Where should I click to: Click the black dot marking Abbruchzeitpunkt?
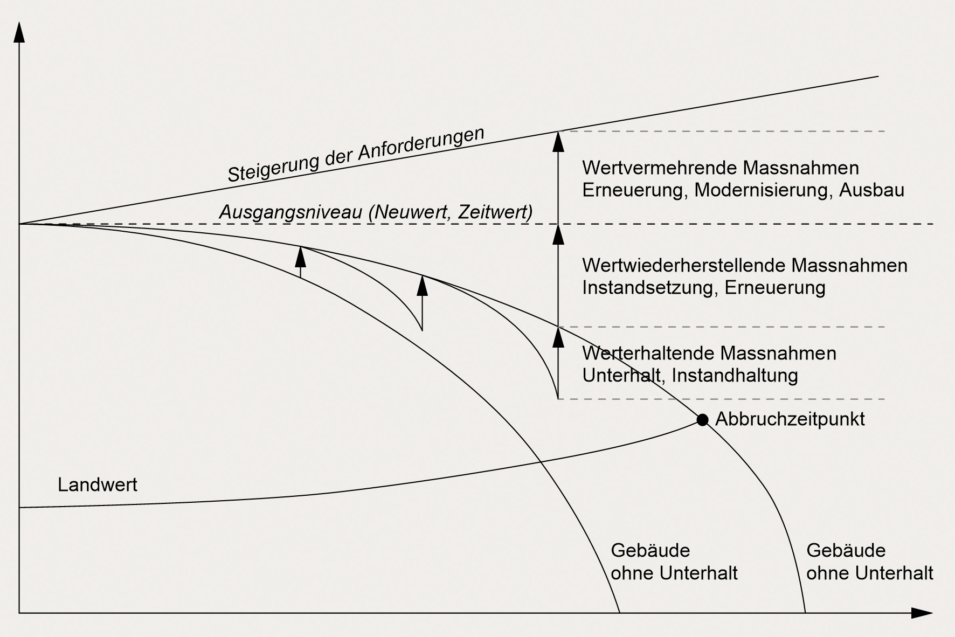coord(702,420)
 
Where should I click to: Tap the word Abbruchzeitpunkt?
coord(790,419)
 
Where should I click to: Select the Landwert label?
coord(98,485)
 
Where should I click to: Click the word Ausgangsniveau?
coord(290,212)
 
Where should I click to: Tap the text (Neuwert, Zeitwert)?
coord(451,212)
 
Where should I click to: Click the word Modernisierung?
coord(762,190)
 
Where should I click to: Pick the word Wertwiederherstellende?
coord(684,265)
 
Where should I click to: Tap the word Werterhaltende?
coord(648,354)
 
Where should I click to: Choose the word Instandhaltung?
coord(735,375)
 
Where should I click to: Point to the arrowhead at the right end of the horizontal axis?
coord(922,613)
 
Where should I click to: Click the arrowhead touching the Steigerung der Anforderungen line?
coord(558,141)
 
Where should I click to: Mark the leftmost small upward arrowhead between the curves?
coord(301,257)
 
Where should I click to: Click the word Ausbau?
coord(871,190)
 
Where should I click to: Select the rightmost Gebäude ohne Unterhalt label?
coord(869,562)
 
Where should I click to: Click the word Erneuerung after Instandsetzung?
coord(775,287)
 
